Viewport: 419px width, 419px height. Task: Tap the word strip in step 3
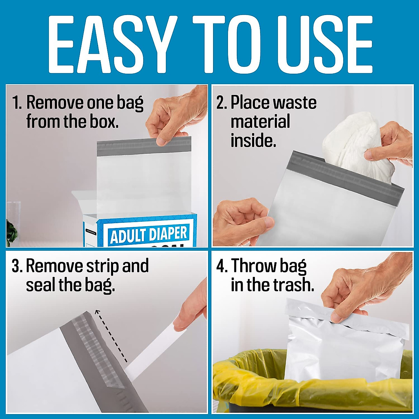coord(103,266)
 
